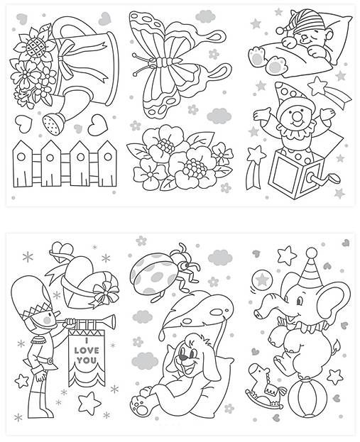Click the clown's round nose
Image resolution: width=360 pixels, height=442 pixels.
(296, 116)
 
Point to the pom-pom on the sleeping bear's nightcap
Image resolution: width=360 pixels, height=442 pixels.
(281, 29)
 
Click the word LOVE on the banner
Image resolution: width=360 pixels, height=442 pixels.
(87, 350)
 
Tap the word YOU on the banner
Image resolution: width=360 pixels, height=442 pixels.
(87, 360)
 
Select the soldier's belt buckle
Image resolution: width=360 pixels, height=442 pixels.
(50, 360)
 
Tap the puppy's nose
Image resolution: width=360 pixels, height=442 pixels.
(185, 357)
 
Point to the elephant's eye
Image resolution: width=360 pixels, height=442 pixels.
(300, 302)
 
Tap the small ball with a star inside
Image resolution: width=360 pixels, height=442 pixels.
(262, 280)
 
